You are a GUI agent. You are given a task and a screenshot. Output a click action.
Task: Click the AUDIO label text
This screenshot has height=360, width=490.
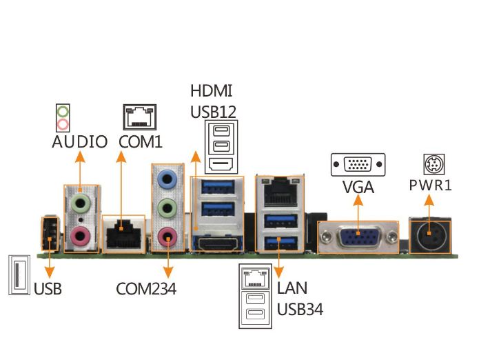coord(79,143)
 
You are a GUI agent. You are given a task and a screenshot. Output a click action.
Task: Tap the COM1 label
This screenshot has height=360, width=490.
coord(141,142)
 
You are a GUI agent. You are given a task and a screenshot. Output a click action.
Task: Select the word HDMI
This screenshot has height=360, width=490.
coord(212,91)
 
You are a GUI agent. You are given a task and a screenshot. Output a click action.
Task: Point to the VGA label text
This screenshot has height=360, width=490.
coord(358,186)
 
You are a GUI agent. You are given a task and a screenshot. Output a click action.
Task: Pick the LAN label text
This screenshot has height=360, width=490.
coord(292,287)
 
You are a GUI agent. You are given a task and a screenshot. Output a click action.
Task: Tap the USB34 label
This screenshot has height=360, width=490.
coord(300,308)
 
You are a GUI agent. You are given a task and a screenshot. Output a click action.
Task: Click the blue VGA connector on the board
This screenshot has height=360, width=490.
coord(358,237)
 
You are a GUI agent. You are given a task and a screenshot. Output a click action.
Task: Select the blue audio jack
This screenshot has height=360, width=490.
coord(166,178)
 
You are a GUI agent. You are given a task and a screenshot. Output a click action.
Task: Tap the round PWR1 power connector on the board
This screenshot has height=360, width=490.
coord(432,235)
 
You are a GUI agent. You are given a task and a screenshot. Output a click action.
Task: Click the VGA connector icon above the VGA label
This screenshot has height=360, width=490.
coord(358,165)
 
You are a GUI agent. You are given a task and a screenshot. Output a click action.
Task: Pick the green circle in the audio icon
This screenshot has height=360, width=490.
coord(63,111)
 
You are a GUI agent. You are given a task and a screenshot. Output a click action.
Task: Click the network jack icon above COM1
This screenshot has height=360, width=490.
coord(140,117)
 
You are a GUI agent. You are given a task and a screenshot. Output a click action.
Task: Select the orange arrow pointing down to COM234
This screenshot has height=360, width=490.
coord(167,259)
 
